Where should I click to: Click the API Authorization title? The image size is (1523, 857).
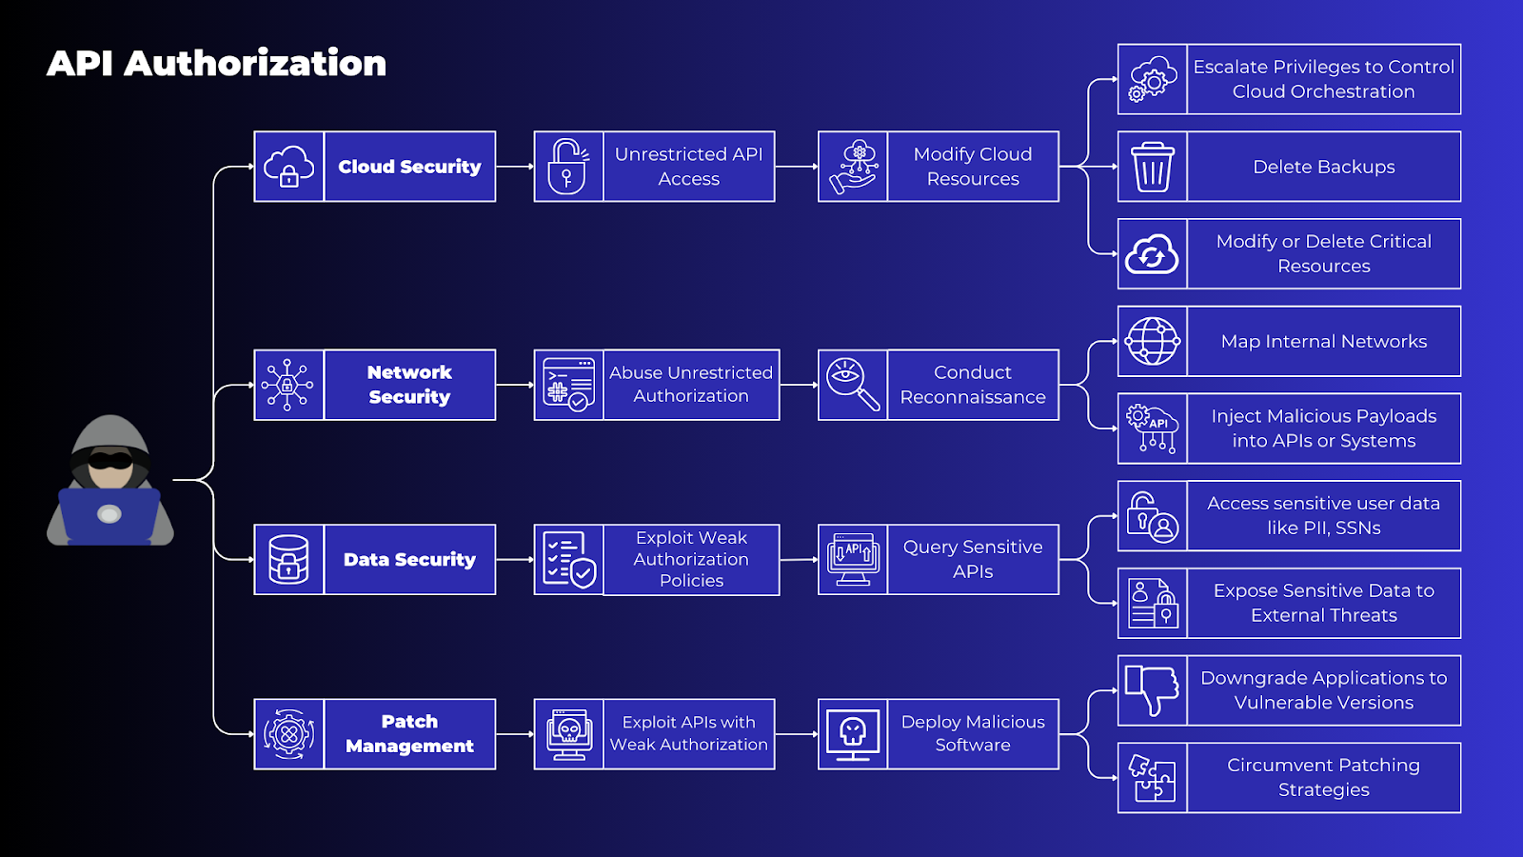pos(216,64)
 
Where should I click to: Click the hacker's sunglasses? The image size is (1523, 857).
pos(110,461)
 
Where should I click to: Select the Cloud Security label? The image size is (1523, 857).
pos(409,167)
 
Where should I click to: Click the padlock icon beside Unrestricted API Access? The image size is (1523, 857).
pos(568,167)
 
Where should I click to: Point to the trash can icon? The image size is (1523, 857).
pos(1152,167)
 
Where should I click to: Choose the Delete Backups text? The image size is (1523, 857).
pos(1323,167)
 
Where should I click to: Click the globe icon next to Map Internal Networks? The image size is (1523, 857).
pos(1152,341)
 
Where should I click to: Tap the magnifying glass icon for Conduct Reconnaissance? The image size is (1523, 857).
pos(853,385)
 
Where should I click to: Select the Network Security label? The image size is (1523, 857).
pos(409,385)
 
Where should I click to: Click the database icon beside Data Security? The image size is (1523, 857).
pos(288,559)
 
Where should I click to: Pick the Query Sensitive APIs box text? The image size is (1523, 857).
pos(972,559)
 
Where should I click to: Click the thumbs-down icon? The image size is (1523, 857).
pos(1152,689)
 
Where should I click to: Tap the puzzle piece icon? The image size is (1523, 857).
pos(1152,777)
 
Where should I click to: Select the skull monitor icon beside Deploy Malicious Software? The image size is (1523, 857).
pos(853,734)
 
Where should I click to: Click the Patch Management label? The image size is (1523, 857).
pos(409,734)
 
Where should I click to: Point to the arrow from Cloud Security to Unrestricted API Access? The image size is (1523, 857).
pos(515,167)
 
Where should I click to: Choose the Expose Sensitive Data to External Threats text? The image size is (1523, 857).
pos(1323,603)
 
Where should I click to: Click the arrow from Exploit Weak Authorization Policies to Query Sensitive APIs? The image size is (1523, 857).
pos(799,560)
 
